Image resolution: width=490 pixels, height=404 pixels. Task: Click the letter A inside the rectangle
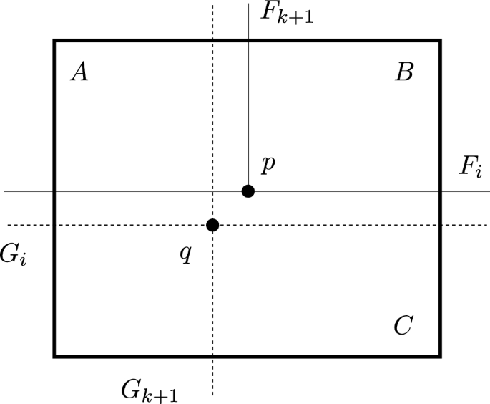[79, 72]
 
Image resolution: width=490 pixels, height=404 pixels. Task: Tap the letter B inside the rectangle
[404, 72]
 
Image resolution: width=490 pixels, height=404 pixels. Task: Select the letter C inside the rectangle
[403, 326]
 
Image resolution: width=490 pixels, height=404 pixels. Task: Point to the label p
[268, 165]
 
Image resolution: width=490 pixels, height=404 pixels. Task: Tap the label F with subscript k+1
[286, 14]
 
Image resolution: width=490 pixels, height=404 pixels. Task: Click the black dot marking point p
[248, 191]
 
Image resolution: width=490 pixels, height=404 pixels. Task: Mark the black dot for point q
[212, 225]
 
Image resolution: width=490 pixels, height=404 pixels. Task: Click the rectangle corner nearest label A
[54, 40]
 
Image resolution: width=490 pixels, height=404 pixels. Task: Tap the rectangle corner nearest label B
[440, 40]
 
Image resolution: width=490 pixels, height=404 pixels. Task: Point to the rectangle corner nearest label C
[440, 356]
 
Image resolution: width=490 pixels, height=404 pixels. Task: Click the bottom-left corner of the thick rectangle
[54, 356]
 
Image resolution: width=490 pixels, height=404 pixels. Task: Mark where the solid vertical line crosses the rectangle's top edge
[248, 40]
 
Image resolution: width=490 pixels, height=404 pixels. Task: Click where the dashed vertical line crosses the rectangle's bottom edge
[212, 356]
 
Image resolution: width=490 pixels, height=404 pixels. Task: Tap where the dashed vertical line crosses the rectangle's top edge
[212, 40]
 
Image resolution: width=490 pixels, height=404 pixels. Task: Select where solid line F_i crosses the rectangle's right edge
[440, 191]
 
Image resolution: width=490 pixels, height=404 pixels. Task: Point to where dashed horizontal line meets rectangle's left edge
[54, 225]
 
